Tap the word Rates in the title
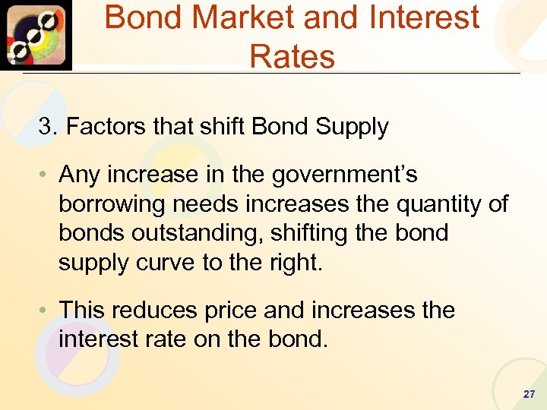tap(292, 56)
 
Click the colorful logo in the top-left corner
tap(36, 35)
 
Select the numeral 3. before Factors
tap(47, 126)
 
